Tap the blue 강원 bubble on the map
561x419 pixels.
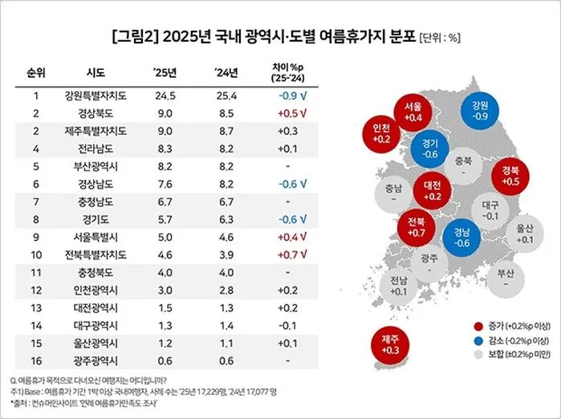pos(480,111)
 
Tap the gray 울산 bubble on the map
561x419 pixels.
pos(526,233)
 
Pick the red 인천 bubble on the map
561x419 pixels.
pos(381,134)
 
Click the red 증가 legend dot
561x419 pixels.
pos(474,327)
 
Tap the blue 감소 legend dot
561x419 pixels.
pos(474,340)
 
